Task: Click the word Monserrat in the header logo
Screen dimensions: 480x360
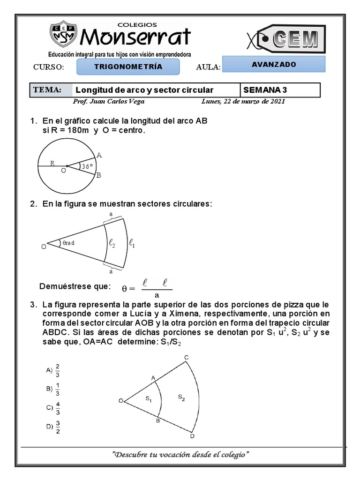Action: click(136, 37)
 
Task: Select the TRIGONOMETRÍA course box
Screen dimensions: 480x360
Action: click(128, 67)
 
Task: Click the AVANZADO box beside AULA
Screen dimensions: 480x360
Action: click(274, 65)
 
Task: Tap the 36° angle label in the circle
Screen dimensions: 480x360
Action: click(87, 166)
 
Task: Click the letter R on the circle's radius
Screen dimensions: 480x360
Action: click(52, 164)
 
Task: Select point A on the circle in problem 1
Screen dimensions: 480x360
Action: click(99, 156)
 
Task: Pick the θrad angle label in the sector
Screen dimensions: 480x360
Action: click(68, 243)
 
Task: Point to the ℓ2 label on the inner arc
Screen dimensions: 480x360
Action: click(112, 243)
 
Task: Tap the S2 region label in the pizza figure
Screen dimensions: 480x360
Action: click(181, 397)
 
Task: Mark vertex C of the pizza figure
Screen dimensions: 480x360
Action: click(186, 358)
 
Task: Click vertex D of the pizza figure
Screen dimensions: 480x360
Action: click(192, 436)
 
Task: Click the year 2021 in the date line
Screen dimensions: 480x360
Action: click(276, 101)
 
